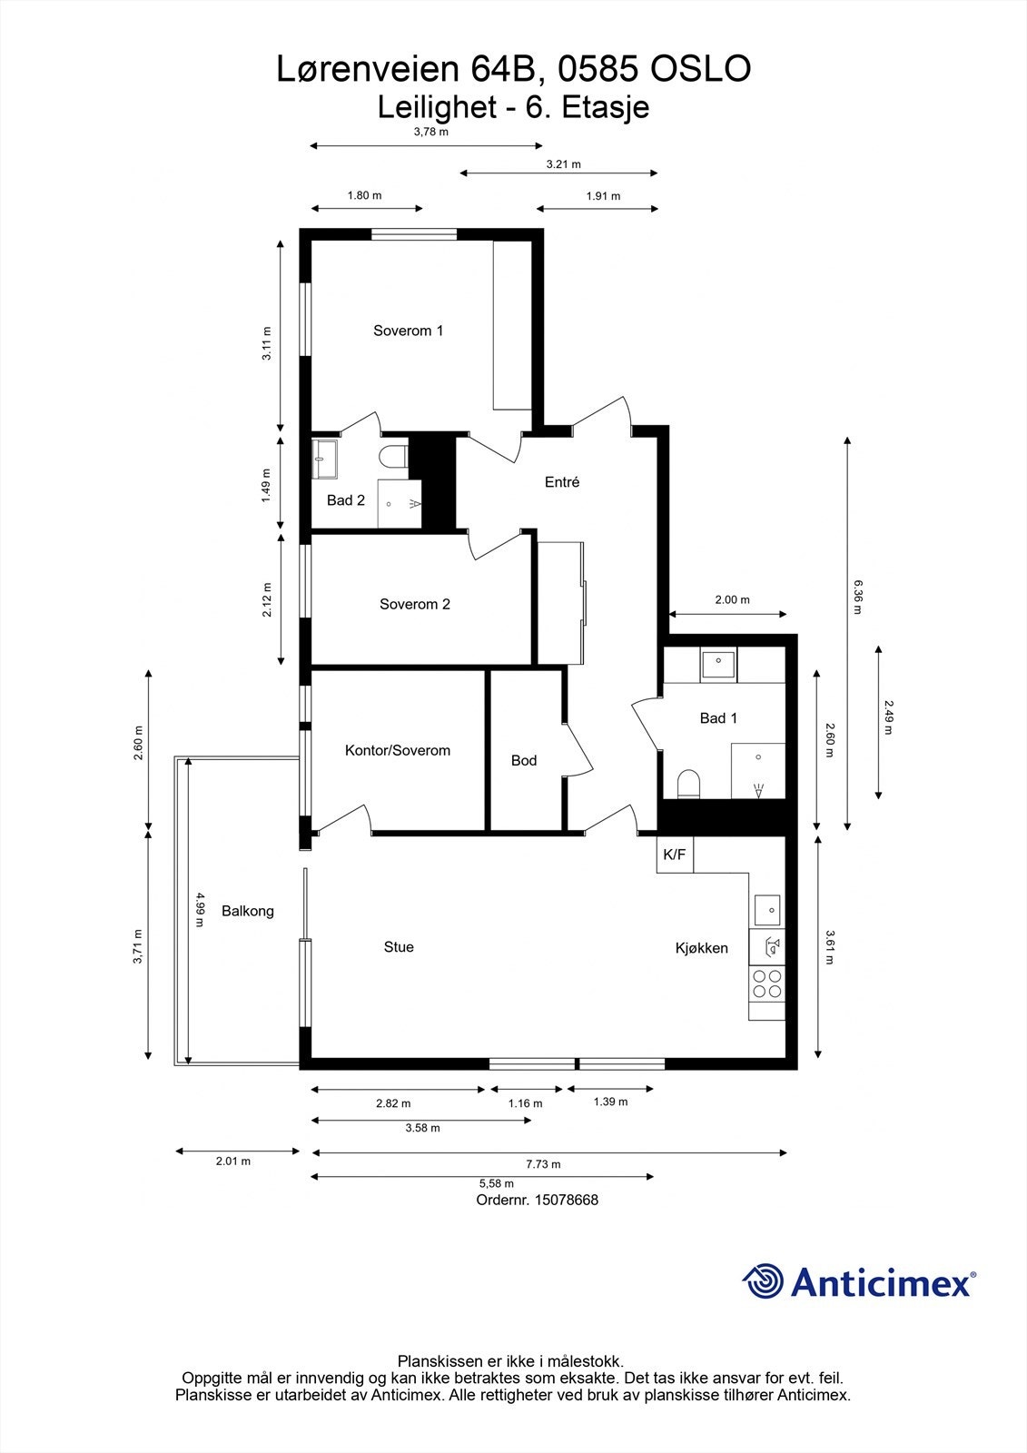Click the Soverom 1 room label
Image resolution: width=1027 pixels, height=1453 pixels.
(x=408, y=331)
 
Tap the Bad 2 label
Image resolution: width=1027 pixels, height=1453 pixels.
(x=346, y=500)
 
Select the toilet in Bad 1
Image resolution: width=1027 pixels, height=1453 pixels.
(x=689, y=784)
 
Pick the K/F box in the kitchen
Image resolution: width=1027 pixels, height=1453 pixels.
(x=675, y=855)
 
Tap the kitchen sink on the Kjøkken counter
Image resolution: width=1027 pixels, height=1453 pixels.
(x=767, y=907)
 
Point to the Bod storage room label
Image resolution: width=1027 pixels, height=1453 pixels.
(x=524, y=760)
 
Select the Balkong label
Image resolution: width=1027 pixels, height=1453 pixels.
(x=247, y=911)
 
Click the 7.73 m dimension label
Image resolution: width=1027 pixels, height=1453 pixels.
(x=543, y=1164)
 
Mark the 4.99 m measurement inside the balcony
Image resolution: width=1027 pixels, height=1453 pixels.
(x=200, y=909)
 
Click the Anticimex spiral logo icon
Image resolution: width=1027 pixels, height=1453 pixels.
(x=763, y=1282)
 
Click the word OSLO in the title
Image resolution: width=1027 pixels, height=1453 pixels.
(x=700, y=70)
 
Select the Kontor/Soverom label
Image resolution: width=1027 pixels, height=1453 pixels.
(x=398, y=750)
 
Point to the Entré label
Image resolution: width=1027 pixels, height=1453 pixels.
(x=562, y=482)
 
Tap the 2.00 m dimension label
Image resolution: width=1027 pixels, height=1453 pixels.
(x=732, y=599)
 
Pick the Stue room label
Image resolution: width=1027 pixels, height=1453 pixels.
(x=399, y=947)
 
